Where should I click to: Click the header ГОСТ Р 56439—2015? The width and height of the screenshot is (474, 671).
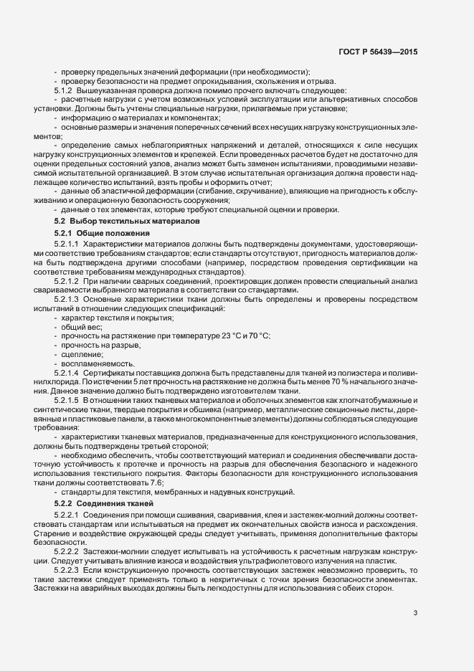[377, 52]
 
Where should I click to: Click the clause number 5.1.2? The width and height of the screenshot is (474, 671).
[66, 90]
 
